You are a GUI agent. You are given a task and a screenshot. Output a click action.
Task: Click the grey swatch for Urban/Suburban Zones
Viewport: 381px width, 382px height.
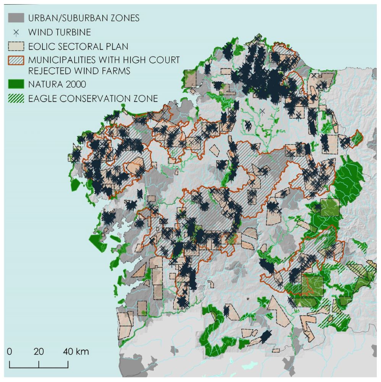[16, 18]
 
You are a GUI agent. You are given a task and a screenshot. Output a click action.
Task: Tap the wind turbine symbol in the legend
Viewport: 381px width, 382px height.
[16, 32]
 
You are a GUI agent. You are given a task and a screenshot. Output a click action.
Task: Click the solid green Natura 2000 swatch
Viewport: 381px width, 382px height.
[16, 84]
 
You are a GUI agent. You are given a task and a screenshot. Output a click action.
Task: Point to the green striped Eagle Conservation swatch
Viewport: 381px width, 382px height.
[16, 99]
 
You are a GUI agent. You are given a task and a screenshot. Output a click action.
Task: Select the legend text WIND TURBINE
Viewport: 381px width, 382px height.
[60, 32]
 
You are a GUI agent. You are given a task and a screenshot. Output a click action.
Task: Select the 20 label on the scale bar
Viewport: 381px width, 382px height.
[39, 351]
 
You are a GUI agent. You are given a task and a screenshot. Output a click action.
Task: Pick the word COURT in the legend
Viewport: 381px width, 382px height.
[162, 60]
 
